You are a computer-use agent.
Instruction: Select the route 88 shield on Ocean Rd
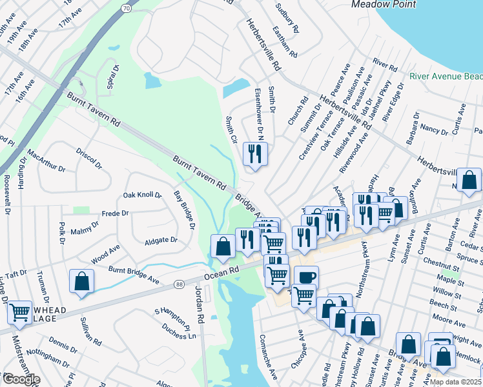tap(180, 283)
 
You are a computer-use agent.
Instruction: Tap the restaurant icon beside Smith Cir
tap(255, 154)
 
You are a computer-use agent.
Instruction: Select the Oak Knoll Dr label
tap(142, 195)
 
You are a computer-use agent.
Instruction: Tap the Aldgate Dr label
tap(161, 240)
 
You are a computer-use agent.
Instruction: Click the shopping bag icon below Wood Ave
tap(82, 281)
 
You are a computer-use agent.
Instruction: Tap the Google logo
tap(21, 380)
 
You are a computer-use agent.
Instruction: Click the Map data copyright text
tap(456, 382)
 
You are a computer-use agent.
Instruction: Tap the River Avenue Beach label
tap(446, 77)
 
